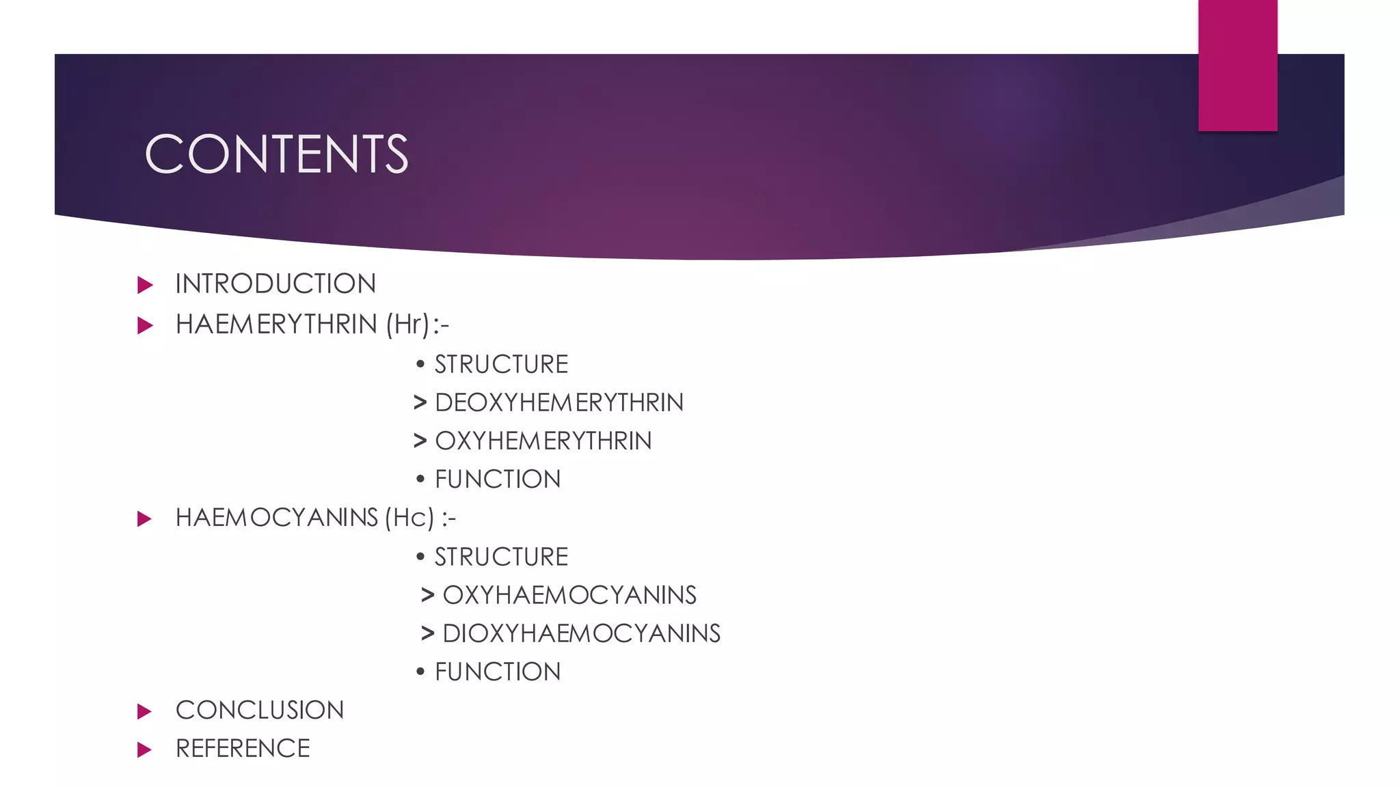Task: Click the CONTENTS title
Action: coord(276,154)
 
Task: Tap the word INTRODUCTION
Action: coord(275,284)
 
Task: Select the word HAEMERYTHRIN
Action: coord(276,325)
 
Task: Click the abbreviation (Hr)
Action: coord(408,325)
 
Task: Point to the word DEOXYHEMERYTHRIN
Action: coord(558,403)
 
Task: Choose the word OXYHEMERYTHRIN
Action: coord(543,441)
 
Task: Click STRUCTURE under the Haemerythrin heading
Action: coord(501,365)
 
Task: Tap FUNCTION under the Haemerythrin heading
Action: coord(498,480)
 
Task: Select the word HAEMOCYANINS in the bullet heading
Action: coord(276,518)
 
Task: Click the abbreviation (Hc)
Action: coord(409,518)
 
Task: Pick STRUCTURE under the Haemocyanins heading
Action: coord(501,557)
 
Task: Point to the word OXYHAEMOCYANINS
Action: coord(569,596)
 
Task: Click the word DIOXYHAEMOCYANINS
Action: coord(581,634)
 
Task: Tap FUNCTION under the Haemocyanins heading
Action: coord(498,672)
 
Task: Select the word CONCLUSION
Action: coord(260,710)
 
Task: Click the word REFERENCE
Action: coord(243,749)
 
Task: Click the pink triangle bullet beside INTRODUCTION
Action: coord(144,285)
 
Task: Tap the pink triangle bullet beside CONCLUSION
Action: coord(144,711)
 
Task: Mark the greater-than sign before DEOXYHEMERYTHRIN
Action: coord(420,403)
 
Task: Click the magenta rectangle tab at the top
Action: coord(1237,65)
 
